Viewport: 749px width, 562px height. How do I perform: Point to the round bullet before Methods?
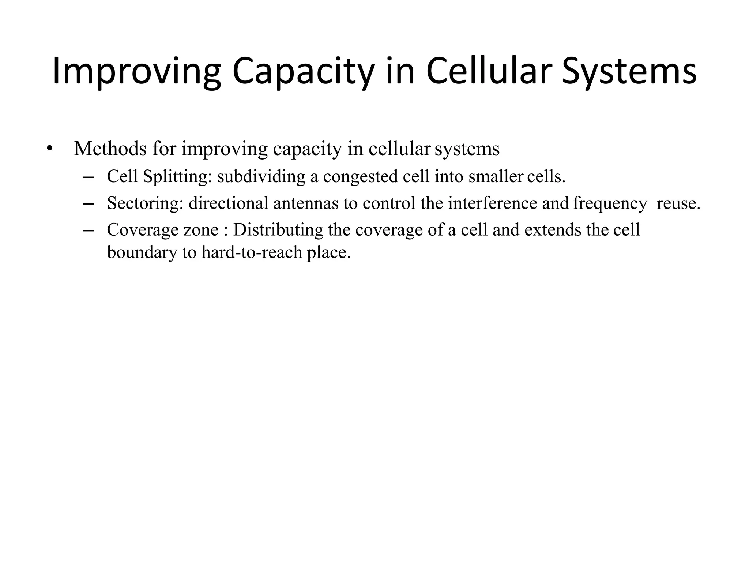[50, 149]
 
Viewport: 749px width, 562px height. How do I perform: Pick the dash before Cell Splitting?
[89, 177]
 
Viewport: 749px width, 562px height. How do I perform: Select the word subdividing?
[261, 177]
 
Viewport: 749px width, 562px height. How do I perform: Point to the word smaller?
[496, 177]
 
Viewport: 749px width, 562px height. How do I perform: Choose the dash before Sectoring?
[89, 204]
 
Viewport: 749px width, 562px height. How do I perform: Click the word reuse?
[678, 203]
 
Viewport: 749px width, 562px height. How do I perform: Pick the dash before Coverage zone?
[89, 231]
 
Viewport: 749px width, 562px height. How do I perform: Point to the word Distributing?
[278, 230]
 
